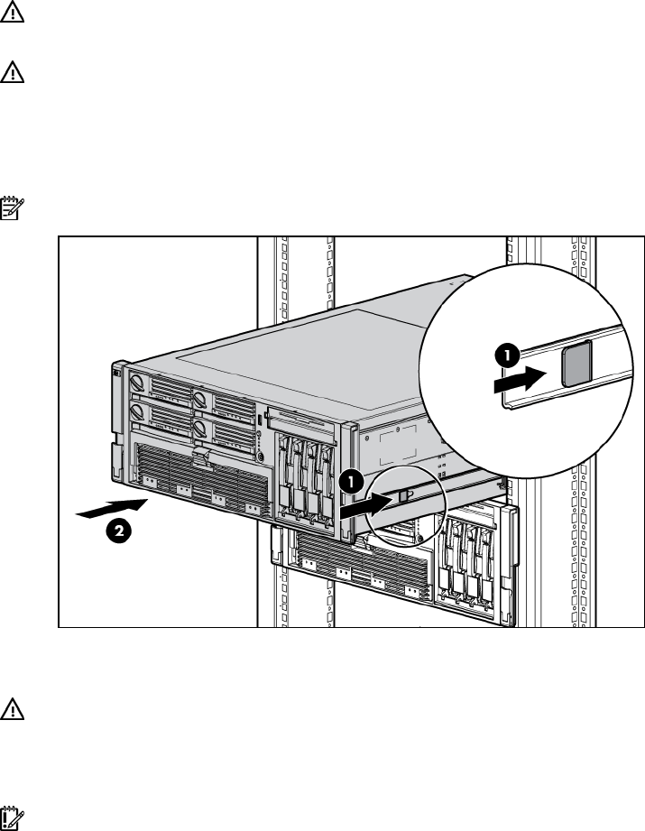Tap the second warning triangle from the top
click(12, 72)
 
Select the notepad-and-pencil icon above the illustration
click(12, 208)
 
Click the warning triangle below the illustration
click(12, 708)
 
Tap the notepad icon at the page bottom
click(12, 818)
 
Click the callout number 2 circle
click(119, 531)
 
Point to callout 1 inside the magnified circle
click(507, 356)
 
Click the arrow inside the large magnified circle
click(520, 380)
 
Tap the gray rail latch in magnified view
click(576, 364)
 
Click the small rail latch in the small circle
click(404, 495)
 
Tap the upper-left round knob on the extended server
click(137, 383)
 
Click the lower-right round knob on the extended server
click(199, 429)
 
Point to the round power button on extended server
click(260, 457)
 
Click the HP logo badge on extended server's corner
click(116, 373)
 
